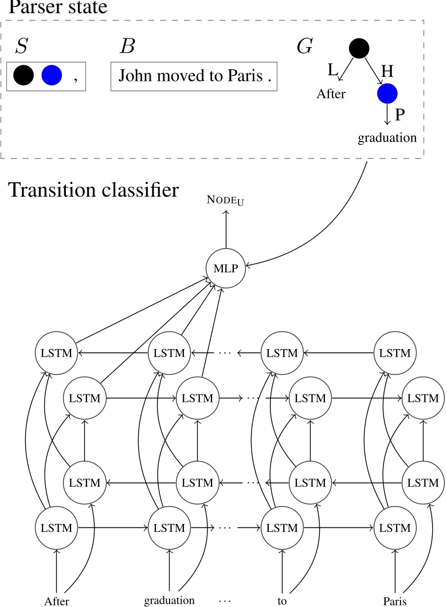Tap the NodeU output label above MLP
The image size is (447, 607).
[x=226, y=201]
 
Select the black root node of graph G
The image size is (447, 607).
[x=359, y=48]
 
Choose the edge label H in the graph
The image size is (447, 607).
[x=387, y=71]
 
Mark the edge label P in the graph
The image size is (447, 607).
[x=400, y=114]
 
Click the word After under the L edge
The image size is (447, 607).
[x=331, y=94]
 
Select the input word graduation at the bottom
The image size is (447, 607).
[x=169, y=601]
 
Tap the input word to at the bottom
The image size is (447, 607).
[x=281, y=601]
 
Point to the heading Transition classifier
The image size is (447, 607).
[x=94, y=190]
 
